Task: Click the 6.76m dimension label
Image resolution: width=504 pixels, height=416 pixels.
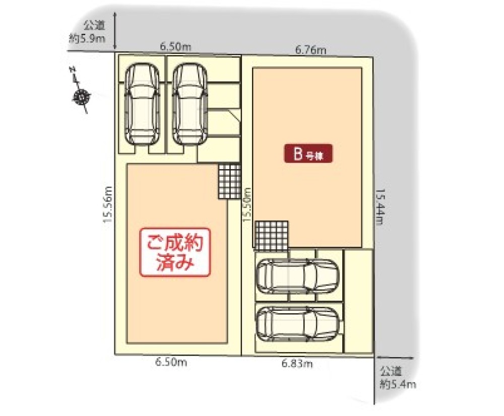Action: [311, 49]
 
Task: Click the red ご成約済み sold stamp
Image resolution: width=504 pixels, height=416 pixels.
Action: [174, 253]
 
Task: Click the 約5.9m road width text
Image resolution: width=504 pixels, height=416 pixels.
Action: [87, 38]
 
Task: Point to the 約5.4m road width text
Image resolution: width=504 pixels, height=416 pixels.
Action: [398, 385]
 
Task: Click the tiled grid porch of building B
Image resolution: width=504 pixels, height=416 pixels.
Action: [271, 235]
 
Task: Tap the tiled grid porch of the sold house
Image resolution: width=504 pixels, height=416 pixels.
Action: [229, 181]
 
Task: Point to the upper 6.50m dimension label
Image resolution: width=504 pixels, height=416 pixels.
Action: [175, 47]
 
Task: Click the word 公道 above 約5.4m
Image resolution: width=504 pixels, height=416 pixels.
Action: [391, 373]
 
